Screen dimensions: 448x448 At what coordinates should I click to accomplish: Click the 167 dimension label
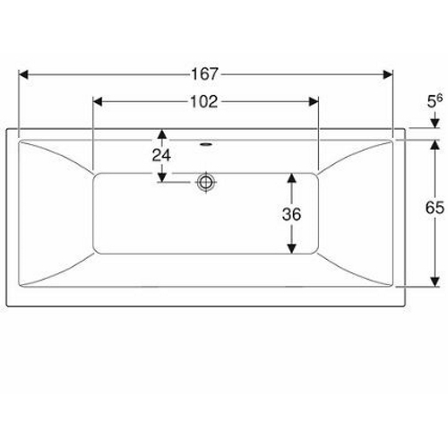204,74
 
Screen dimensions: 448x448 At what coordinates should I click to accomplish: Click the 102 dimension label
204,102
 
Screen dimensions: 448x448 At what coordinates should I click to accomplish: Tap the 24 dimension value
161,155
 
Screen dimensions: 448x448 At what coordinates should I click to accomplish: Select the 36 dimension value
291,214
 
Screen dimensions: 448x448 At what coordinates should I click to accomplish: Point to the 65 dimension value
435,208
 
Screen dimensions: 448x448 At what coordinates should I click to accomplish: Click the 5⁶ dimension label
435,101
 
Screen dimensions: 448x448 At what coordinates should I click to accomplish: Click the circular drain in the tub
206,182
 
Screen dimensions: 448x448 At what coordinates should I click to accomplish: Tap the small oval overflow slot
205,145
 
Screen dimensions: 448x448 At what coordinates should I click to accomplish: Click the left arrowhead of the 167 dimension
23,74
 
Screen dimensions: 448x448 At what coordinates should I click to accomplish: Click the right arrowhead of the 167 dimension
388,74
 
